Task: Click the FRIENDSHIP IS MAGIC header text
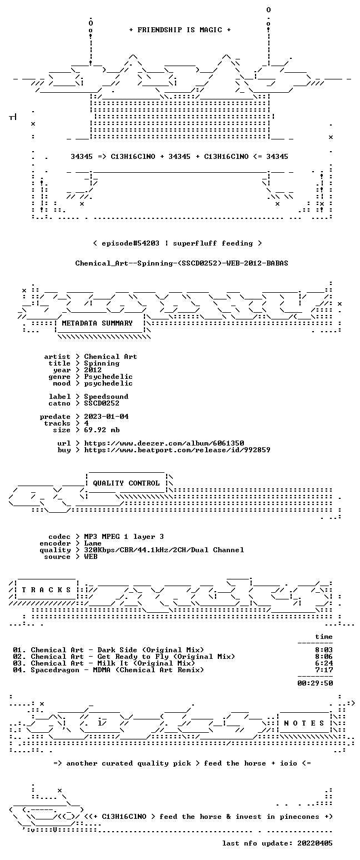tap(179, 30)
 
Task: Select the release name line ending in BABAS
tap(182, 263)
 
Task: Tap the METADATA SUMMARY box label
tap(97, 323)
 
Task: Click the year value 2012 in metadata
tap(93, 370)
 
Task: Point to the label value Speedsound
tap(106, 397)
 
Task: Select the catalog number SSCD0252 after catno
tap(102, 403)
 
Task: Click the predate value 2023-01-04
tap(106, 417)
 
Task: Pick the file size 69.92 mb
tap(102, 430)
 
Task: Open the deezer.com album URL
tap(164, 443)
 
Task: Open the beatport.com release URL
tap(177, 450)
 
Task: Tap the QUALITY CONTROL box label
tap(126, 483)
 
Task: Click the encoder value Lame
tap(93, 543)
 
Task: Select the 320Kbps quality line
tap(164, 550)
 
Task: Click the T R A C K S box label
tap(46, 589)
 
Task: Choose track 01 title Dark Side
tap(117, 650)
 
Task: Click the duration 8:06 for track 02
tap(324, 657)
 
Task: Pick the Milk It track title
tap(113, 663)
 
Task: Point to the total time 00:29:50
tap(315, 683)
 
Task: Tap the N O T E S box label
tap(304, 723)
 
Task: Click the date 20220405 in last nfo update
tap(315, 843)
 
